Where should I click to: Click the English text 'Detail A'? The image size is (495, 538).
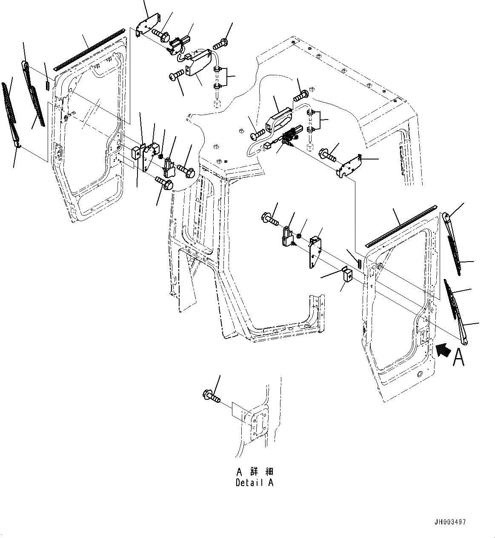[255, 483]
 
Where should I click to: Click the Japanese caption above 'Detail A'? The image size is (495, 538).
[255, 472]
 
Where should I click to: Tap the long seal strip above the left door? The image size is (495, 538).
[89, 49]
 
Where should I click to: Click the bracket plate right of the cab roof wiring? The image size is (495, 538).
[350, 166]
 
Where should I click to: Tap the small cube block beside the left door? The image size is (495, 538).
[137, 152]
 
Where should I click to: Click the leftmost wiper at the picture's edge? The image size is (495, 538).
[11, 115]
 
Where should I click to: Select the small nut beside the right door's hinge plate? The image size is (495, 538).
[300, 235]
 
